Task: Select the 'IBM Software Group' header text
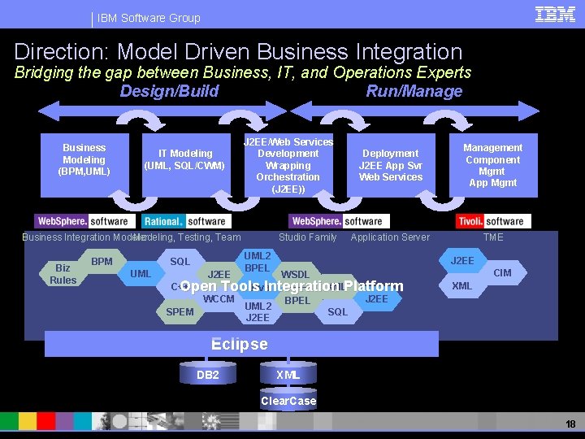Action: [x=148, y=18]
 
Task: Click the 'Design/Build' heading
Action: [x=169, y=91]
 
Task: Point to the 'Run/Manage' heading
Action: [x=414, y=91]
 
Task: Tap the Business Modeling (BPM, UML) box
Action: [x=84, y=159]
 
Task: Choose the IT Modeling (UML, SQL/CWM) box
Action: [x=184, y=159]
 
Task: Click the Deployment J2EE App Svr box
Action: [x=391, y=165]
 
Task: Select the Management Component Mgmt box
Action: [x=492, y=165]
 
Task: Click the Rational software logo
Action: [x=186, y=221]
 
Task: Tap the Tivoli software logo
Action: [x=493, y=221]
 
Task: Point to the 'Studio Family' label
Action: [x=307, y=237]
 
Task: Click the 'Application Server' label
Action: [x=390, y=237]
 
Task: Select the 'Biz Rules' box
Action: [x=63, y=274]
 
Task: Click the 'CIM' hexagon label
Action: [x=503, y=273]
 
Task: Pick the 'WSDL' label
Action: [x=294, y=275]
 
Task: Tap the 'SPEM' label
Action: [x=180, y=312]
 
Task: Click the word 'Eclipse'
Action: [x=239, y=344]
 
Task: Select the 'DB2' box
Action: [x=208, y=375]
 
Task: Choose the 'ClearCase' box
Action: [x=288, y=401]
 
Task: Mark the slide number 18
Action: [x=570, y=424]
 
